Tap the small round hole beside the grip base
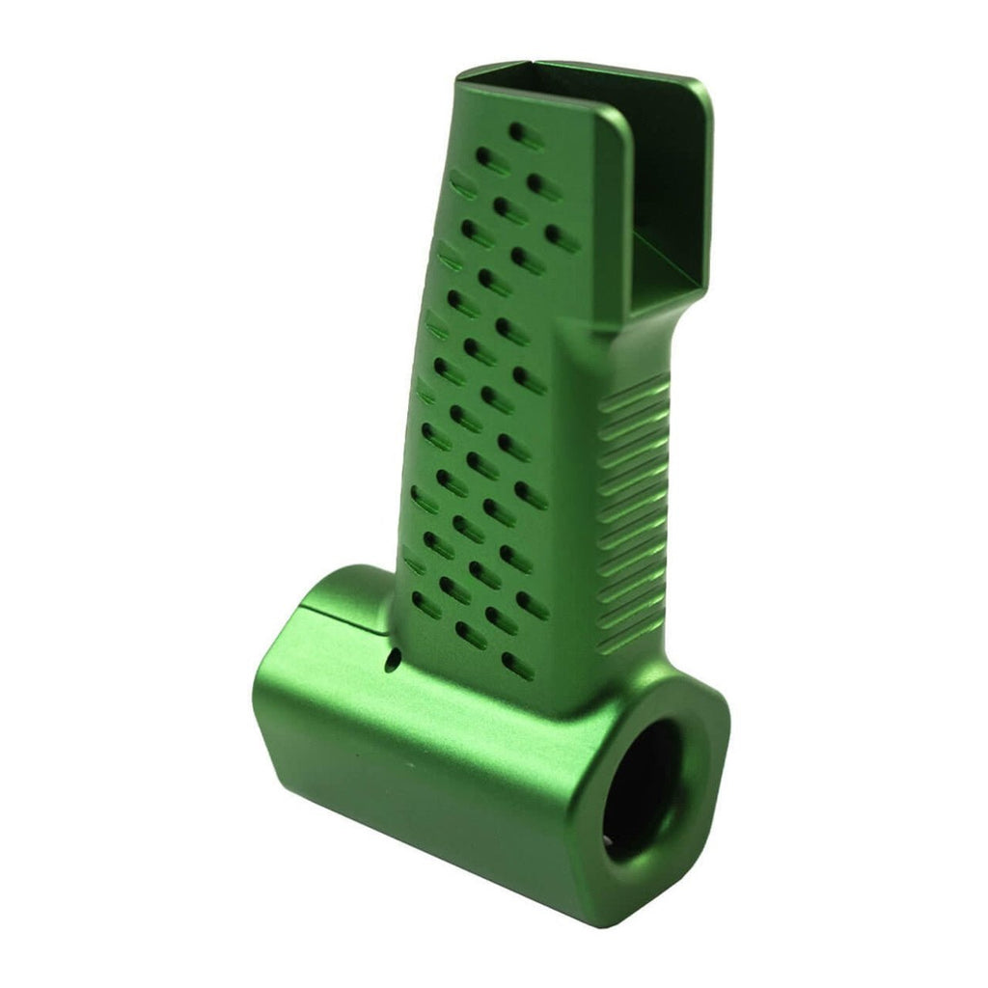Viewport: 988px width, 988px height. tap(393, 661)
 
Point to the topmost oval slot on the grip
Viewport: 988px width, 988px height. tap(525, 135)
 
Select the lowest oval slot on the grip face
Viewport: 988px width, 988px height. tap(517, 665)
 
